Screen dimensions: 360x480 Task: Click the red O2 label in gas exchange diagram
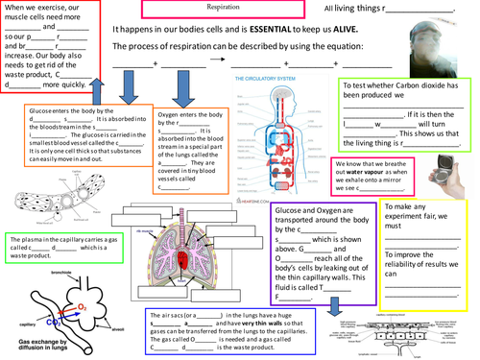point(83,310)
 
